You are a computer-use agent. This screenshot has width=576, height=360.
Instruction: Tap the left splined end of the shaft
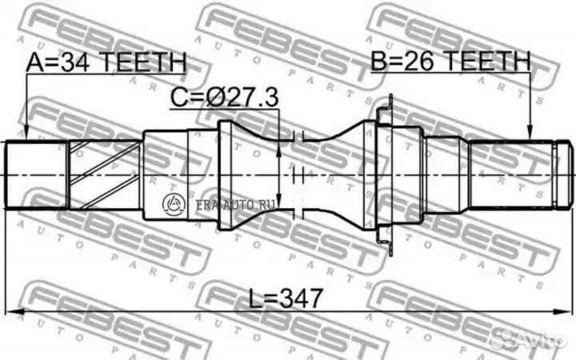click(36, 174)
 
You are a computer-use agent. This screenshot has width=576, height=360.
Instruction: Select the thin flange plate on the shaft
click(387, 174)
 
